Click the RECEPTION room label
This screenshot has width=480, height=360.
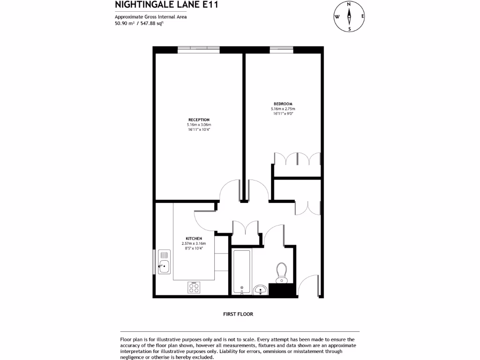[199, 120]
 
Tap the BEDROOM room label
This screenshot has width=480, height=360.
[283, 104]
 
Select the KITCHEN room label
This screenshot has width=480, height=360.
[194, 239]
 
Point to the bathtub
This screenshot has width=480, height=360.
[241, 271]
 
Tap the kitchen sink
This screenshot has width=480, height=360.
[164, 262]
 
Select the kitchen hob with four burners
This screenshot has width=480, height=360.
[194, 287]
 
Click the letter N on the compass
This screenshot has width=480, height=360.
[349, 4]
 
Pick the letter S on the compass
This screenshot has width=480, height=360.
[349, 29]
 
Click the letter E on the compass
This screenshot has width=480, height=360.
[362, 16]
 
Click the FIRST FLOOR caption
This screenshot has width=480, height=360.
[238, 314]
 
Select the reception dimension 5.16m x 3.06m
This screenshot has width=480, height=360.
[199, 125]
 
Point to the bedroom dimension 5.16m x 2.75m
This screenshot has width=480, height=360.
[283, 109]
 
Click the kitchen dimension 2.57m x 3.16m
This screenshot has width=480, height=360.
[194, 244]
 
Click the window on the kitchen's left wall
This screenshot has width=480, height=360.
[154, 262]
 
